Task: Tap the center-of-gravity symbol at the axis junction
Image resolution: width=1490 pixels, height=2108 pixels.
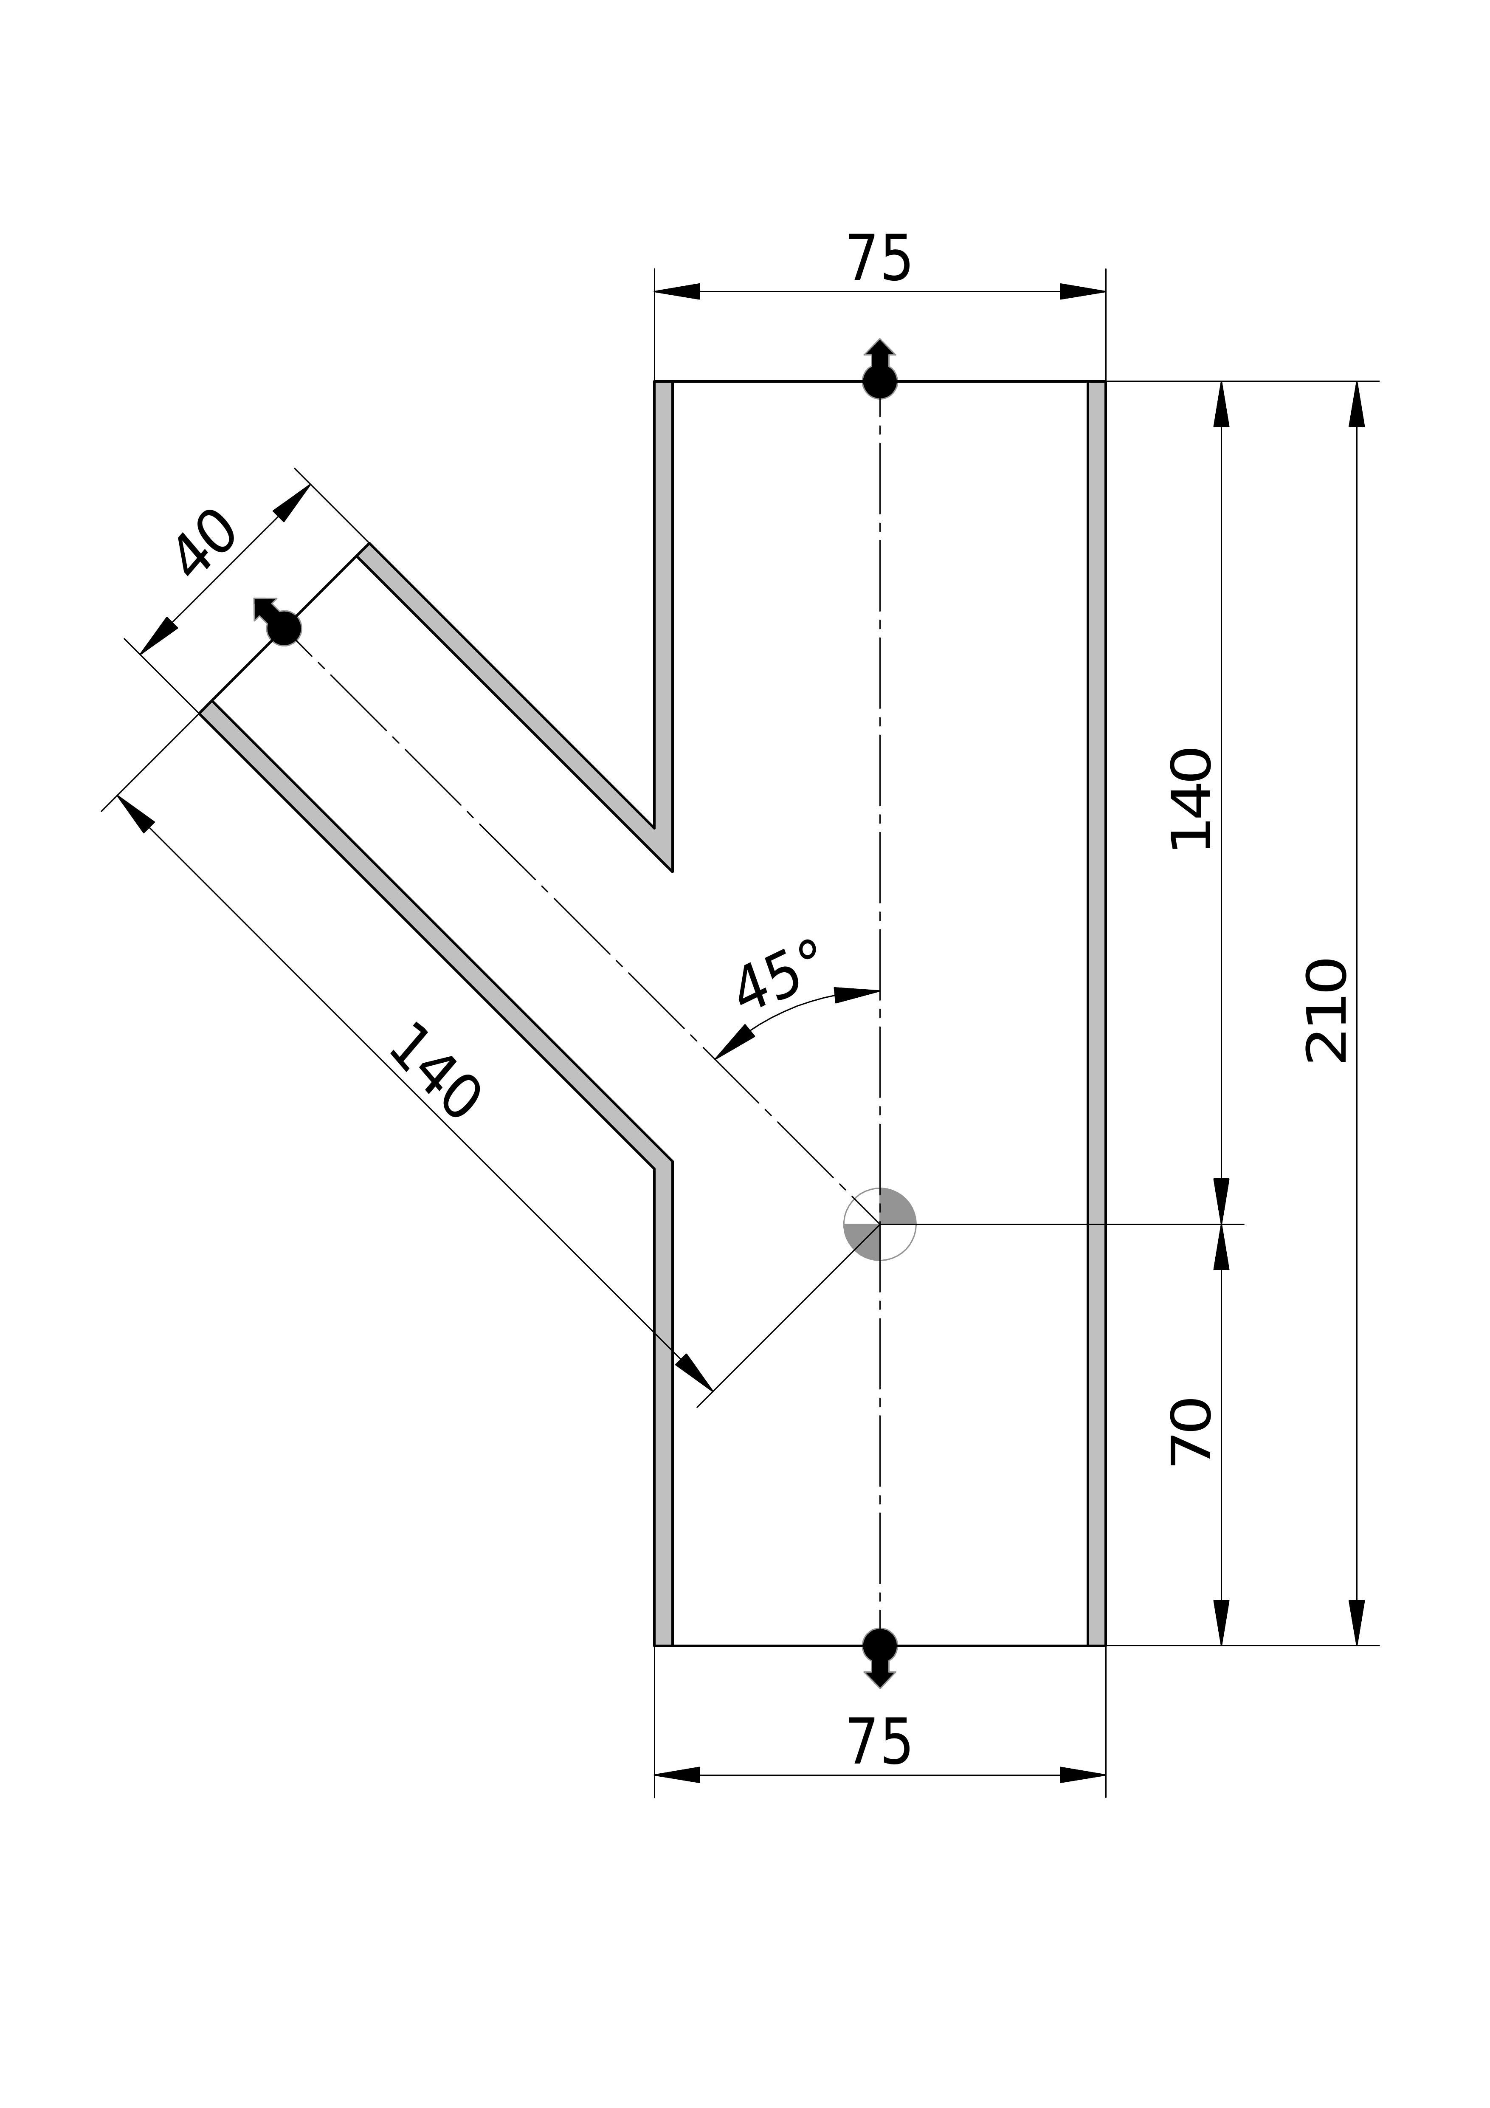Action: coord(879,1224)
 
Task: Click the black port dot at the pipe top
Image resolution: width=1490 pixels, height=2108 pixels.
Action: coord(879,381)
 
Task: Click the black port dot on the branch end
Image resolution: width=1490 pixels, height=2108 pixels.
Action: coord(284,629)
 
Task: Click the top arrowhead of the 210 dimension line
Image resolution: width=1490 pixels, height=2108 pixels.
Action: coord(1357,404)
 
